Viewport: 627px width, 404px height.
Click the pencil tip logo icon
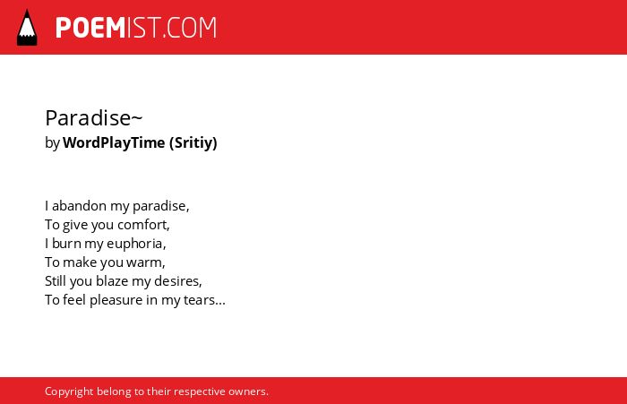click(27, 28)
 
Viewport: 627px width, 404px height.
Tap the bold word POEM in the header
click(90, 28)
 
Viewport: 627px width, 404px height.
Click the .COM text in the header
click(190, 28)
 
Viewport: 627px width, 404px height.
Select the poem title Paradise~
click(93, 118)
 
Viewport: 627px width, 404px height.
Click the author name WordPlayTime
click(114, 142)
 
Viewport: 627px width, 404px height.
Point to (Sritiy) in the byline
click(193, 142)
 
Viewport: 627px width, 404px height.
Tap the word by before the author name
click(52, 143)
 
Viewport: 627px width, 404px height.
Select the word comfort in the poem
click(142, 225)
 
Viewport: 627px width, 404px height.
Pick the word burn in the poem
click(66, 243)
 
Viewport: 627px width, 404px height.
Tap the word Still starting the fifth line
click(56, 280)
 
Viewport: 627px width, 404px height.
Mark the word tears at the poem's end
click(199, 300)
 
